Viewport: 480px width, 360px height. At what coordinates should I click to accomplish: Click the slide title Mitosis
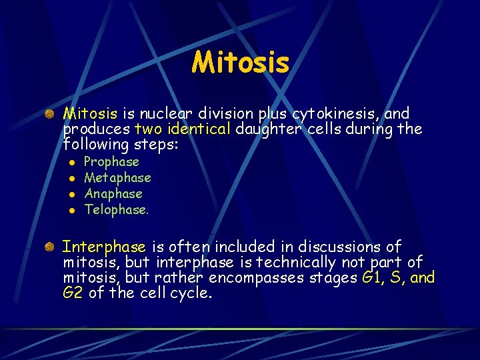point(240,63)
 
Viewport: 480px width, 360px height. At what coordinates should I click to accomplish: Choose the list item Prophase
point(111,162)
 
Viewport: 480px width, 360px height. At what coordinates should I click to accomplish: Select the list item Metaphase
point(117,178)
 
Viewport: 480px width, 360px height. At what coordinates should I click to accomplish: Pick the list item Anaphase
point(113,194)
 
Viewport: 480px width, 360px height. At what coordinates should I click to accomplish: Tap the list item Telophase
point(115,210)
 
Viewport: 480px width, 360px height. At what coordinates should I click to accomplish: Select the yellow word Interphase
point(105,247)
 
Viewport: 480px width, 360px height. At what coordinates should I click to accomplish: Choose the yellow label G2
point(73,293)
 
